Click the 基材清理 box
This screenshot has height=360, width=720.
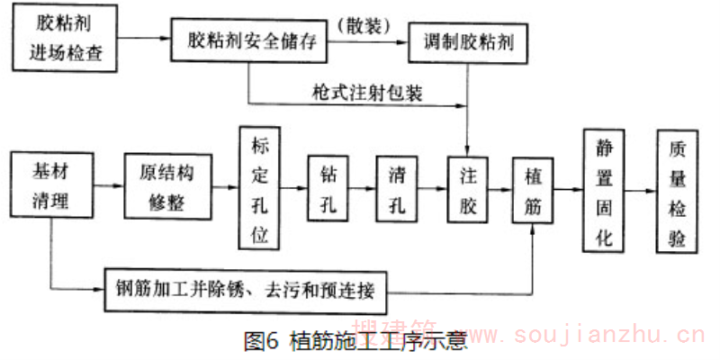[x=50, y=185]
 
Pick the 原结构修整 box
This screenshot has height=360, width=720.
[x=167, y=186]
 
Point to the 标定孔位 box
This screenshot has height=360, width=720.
[x=260, y=186]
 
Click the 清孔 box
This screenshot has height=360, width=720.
[x=397, y=188]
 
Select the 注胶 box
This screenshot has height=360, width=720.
[x=467, y=188]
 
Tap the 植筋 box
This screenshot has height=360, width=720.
[x=532, y=188]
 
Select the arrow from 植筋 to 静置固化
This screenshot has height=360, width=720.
[x=567, y=189]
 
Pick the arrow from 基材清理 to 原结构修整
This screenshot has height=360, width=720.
[x=109, y=186]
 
